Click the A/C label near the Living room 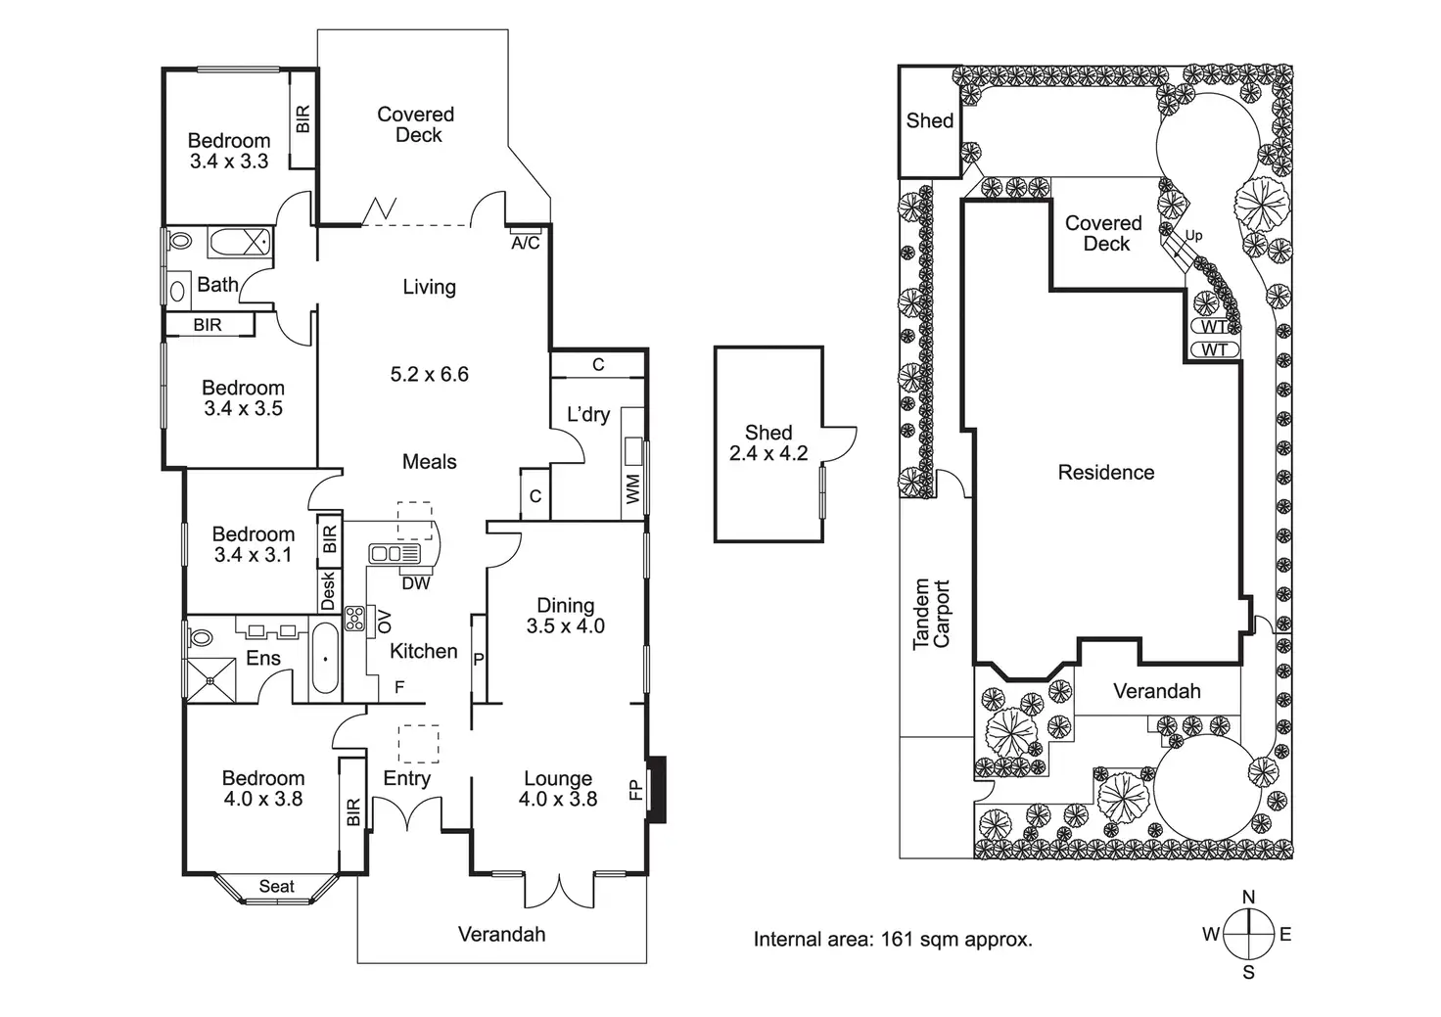point(526,243)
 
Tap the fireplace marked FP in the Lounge point(657,789)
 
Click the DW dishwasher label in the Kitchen point(416,583)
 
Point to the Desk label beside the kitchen point(328,590)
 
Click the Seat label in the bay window point(276,887)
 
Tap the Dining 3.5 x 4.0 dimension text point(566,626)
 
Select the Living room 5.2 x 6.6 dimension point(429,374)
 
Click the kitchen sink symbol point(395,554)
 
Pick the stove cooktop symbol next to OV point(354,618)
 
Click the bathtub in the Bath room point(239,241)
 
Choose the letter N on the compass point(1248,898)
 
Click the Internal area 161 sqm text point(892,940)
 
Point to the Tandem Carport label point(931,615)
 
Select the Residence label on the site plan point(1106,473)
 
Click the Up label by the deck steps point(1193,236)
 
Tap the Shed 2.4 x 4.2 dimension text point(768,453)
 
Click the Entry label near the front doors point(406,778)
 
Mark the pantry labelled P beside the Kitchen point(479,660)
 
